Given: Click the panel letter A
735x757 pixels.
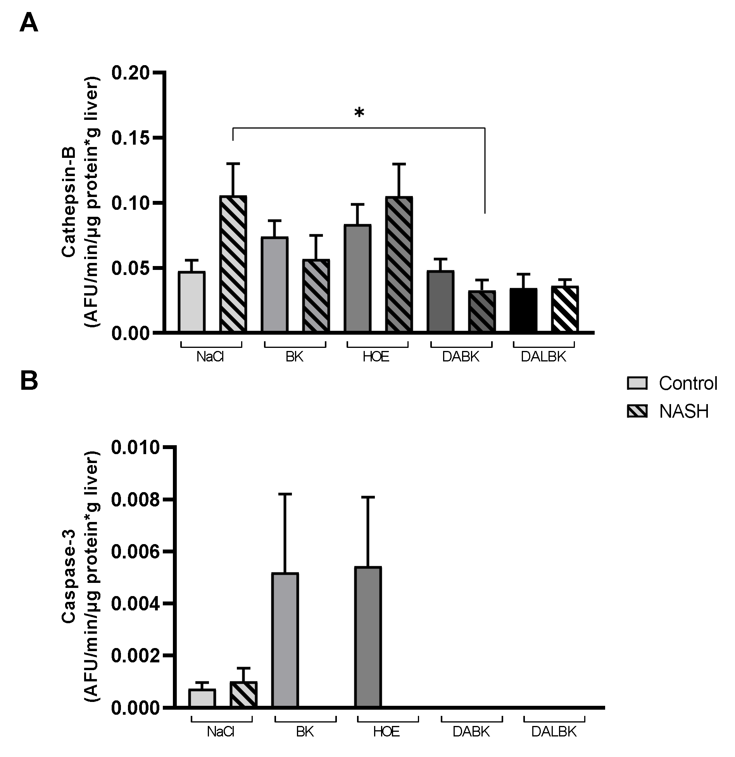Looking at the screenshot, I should coord(29,24).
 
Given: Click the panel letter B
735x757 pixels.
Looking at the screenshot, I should coord(29,381).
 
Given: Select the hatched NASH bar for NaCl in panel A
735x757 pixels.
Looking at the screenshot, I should coord(233,264).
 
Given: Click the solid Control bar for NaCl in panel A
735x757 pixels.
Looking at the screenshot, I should coord(192,302).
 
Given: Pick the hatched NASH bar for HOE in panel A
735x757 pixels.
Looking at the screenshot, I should coord(399,264).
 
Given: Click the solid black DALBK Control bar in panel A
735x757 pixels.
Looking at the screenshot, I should coord(523,310).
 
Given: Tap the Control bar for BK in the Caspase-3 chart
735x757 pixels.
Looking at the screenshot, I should coord(285,640).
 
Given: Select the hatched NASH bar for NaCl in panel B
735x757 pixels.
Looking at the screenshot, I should coord(243,694).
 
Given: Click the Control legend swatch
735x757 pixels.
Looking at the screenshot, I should coord(637,383).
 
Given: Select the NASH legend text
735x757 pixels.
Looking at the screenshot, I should coord(684,411).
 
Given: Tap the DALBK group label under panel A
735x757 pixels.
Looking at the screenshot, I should coord(543,356).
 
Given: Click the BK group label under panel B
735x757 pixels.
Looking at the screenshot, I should coord(305,731).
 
